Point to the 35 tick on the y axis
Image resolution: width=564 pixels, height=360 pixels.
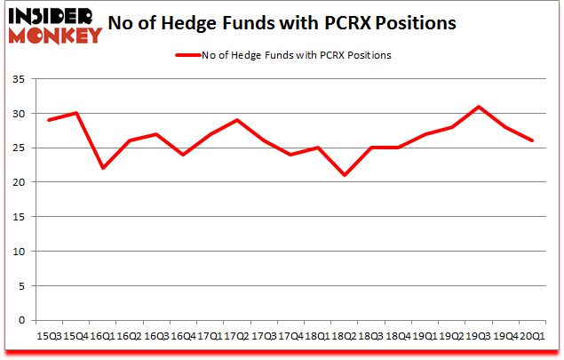click(19, 80)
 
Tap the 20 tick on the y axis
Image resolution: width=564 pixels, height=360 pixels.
click(19, 182)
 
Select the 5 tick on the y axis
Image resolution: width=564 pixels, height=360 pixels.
click(22, 286)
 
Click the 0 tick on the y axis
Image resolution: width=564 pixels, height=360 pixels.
click(22, 320)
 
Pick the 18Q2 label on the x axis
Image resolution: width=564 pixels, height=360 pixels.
click(343, 335)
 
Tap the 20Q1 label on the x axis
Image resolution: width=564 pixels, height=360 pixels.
click(533, 335)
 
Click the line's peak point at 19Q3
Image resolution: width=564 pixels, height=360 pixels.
click(479, 107)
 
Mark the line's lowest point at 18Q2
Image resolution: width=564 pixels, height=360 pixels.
click(344, 175)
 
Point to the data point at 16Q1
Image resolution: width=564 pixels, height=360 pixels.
click(102, 169)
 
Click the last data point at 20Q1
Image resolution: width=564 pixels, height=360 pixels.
click(533, 140)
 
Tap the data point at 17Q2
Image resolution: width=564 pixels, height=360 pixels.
click(236, 120)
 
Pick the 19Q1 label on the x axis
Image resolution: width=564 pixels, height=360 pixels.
click(425, 335)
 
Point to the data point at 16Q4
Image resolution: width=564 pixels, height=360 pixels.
click(183, 155)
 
